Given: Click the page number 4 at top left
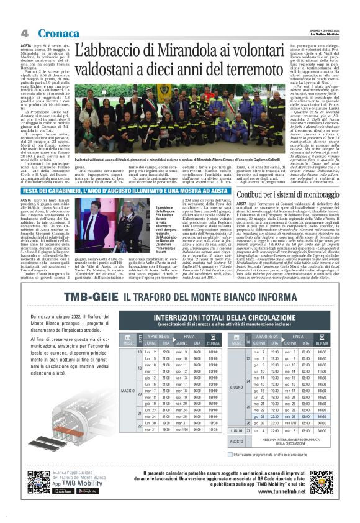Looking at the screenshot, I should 24,32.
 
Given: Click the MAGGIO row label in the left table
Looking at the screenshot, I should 127,391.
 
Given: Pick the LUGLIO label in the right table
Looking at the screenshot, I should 236,430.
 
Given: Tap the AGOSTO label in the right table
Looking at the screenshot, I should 236,441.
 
